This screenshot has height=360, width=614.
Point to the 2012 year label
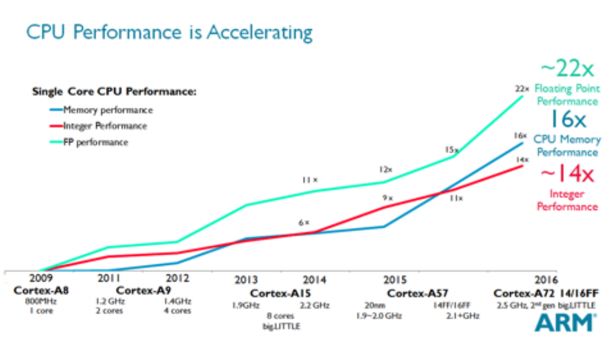click(x=178, y=279)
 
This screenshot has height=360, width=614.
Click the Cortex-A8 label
click(x=41, y=291)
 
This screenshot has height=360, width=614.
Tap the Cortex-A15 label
click(x=277, y=294)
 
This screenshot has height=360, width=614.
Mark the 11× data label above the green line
click(x=309, y=179)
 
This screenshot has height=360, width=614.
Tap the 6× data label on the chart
click(x=304, y=222)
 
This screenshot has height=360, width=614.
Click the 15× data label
click(x=451, y=150)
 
